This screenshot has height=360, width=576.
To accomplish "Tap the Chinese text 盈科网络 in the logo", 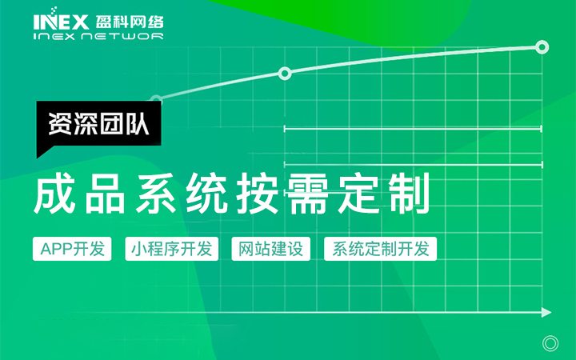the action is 130,22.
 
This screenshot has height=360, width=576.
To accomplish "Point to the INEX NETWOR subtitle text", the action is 98,36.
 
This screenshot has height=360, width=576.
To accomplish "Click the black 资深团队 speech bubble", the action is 98,125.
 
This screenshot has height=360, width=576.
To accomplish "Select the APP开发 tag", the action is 72,249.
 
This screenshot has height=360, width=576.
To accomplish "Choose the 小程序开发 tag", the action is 171,249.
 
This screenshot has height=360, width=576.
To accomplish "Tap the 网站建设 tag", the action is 270,249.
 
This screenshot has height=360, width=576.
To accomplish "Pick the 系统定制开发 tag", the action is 380,249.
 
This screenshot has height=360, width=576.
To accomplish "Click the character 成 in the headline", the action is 55,194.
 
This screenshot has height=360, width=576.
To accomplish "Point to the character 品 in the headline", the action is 106,194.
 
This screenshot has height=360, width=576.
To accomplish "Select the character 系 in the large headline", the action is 156,194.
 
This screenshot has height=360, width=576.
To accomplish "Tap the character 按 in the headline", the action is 257,194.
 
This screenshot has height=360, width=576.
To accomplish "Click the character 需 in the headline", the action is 308,194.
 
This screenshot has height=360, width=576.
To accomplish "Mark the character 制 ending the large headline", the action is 409,194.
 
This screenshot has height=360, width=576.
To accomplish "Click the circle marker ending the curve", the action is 542,47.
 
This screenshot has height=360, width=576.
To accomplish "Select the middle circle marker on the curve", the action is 285,74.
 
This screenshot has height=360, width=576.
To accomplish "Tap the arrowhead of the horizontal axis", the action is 546,313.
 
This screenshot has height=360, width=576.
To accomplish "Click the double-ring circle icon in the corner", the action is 550,344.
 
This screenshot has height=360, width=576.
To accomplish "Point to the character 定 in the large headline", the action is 358,194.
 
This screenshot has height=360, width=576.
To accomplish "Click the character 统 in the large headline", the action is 207,194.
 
